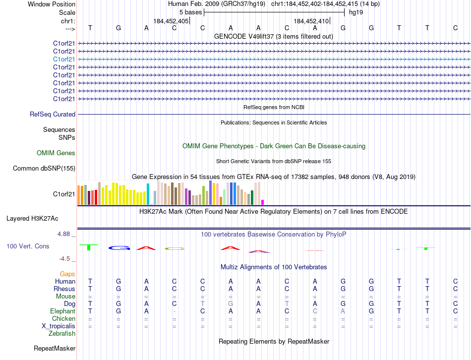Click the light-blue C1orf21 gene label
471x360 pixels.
[64, 59]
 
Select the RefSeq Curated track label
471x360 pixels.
[53, 114]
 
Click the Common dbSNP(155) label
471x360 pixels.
[44, 169]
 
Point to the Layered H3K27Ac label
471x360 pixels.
[32, 218]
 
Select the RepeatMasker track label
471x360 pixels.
[55, 349]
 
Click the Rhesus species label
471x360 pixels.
[65, 289]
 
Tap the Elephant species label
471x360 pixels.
[63, 311]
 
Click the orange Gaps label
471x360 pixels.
[67, 274]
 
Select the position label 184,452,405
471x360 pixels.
[171, 21]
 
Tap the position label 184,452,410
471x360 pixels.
[311, 21]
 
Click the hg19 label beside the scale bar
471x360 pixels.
[356, 12]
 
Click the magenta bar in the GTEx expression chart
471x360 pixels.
[262, 202]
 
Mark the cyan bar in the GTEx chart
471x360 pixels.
[148, 194]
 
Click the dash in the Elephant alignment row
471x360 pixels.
[174, 311]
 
